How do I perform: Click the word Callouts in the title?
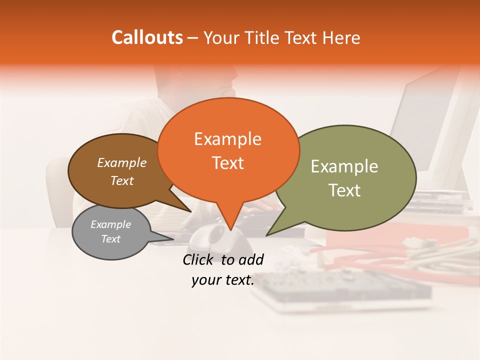tap(147, 37)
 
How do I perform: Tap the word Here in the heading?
tap(342, 37)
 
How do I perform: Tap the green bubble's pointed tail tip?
tap(267, 235)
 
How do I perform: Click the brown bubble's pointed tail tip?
tap(190, 212)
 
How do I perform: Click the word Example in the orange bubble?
tap(227, 139)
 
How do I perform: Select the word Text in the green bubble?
tap(344, 190)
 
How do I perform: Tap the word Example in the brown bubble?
tap(121, 162)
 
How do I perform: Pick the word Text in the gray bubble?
tap(110, 239)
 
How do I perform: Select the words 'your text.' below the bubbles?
tap(222, 280)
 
